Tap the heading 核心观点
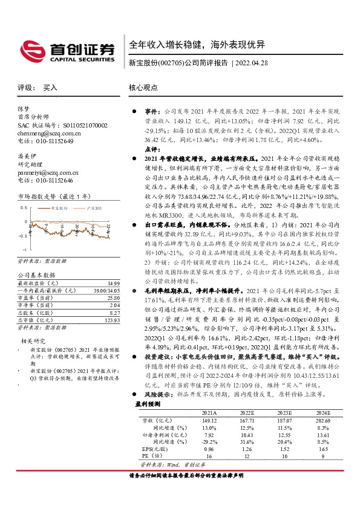pos(143,88)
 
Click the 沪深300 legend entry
pos(94,207)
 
